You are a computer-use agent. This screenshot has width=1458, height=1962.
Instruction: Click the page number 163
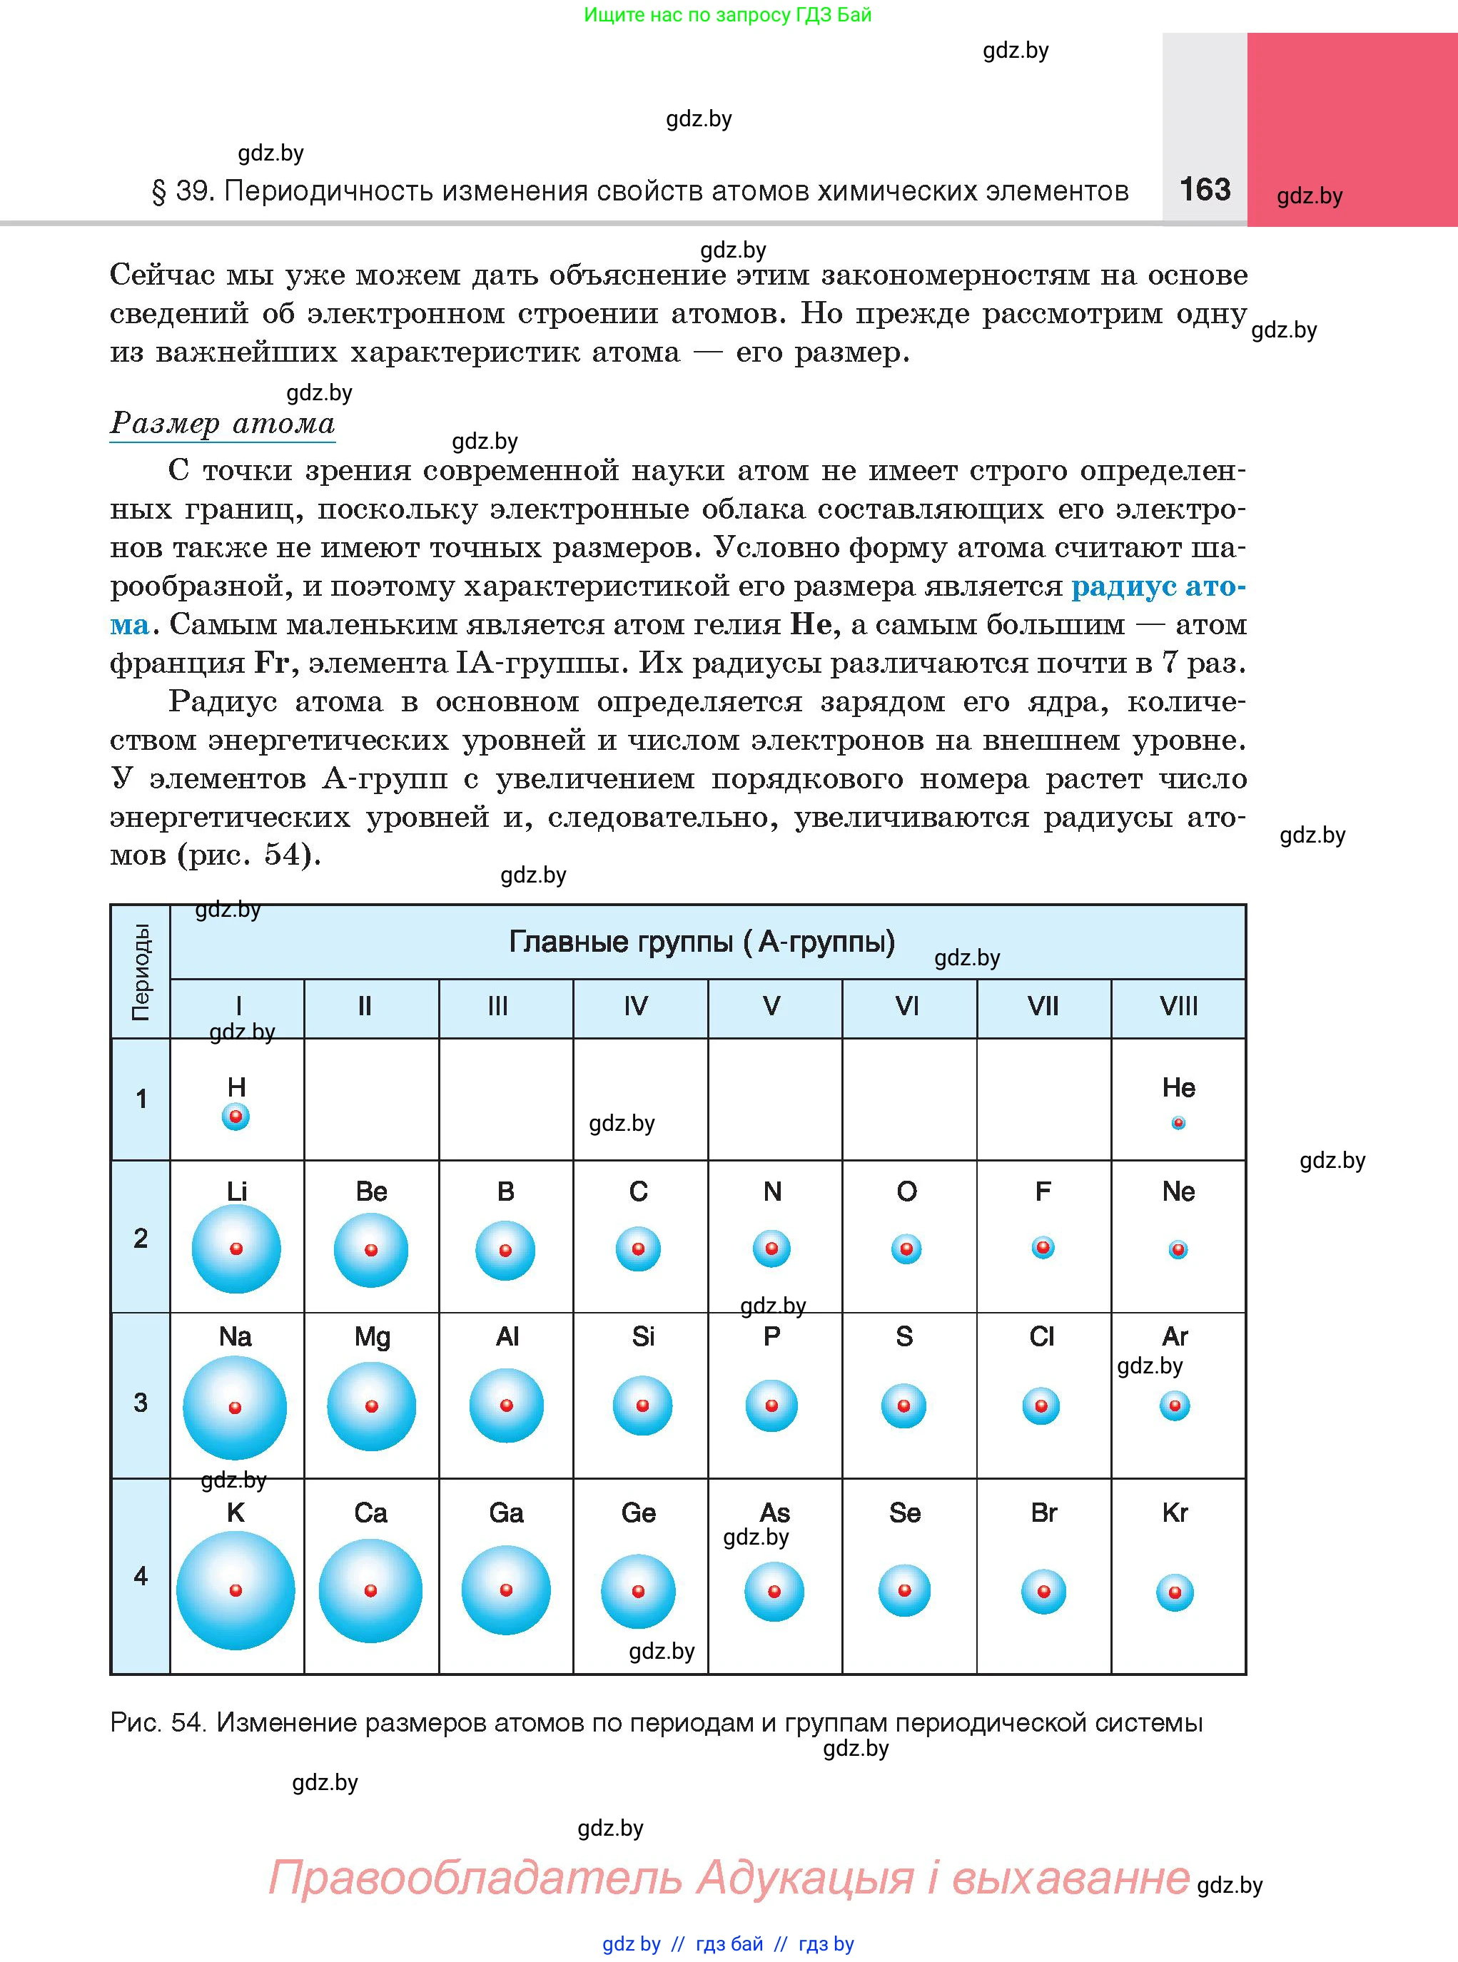pyautogui.click(x=1204, y=189)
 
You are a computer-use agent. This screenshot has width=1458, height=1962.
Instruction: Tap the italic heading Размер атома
pyautogui.click(x=223, y=424)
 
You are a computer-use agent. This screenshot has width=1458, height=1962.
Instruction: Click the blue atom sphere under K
pyautogui.click(x=236, y=1590)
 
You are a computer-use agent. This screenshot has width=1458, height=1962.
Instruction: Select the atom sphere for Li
pyautogui.click(x=236, y=1249)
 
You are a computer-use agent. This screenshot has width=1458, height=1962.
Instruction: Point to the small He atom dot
pyautogui.click(x=1178, y=1123)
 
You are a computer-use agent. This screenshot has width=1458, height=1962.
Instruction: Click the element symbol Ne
pyautogui.click(x=1178, y=1191)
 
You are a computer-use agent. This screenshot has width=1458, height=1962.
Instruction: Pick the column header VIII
pyautogui.click(x=1178, y=1006)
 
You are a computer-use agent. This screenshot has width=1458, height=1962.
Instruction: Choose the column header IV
pyautogui.click(x=637, y=1006)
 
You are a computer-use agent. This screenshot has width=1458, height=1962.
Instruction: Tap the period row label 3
pyautogui.click(x=141, y=1403)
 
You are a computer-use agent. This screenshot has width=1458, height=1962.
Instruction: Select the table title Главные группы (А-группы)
pyautogui.click(x=702, y=942)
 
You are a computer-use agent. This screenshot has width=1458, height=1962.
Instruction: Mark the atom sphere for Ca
pyautogui.click(x=370, y=1590)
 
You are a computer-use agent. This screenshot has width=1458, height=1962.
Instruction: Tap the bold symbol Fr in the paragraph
pyautogui.click(x=271, y=663)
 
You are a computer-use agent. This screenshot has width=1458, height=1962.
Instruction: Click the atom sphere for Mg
pyautogui.click(x=372, y=1406)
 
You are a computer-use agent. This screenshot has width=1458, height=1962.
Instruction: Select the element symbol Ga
pyautogui.click(x=506, y=1513)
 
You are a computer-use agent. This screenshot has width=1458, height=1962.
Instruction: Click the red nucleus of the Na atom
pyautogui.click(x=235, y=1407)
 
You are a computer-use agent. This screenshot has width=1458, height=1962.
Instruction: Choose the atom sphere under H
pyautogui.click(x=236, y=1117)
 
